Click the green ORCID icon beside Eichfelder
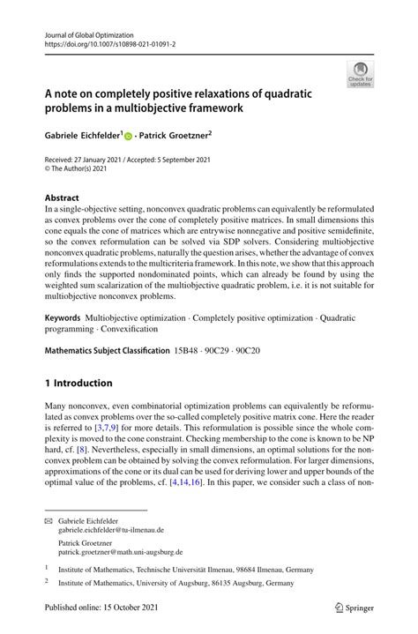tap(129, 138)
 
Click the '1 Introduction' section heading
tap(78, 383)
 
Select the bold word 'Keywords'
tap(63, 316)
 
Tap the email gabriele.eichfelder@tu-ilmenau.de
tap(111, 531)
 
